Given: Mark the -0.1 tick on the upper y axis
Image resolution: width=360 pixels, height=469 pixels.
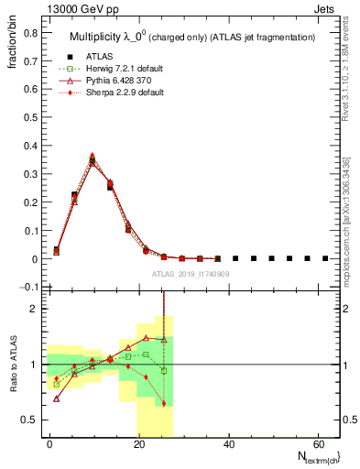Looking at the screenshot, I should coord(28,288).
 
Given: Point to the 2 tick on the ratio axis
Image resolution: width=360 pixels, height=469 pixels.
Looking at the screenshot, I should coord(34,309).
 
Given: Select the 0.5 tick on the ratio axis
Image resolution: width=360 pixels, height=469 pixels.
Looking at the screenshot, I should coord(30,420).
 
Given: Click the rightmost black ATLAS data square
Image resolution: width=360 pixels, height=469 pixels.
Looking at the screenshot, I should coord(325,259).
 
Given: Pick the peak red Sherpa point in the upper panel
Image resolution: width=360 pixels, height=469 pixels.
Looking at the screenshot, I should coord(92,156).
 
